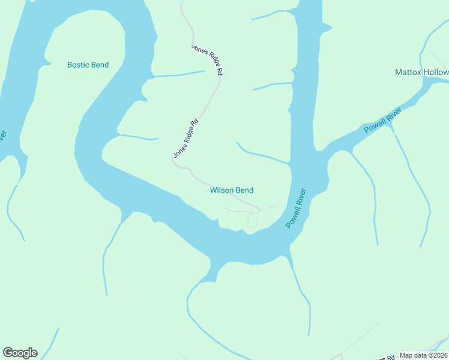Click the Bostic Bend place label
click(88, 65)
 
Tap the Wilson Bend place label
click(232, 190)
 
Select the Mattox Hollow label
click(421, 72)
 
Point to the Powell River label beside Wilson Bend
click(296, 208)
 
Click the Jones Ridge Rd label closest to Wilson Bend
click(185, 139)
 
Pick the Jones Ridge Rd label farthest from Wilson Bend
click(208, 59)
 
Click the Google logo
click(20, 353)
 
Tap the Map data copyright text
click(424, 355)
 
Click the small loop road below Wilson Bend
click(252, 220)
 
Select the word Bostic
click(78, 65)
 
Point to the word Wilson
click(221, 190)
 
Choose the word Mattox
click(408, 72)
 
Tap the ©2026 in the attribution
click(436, 355)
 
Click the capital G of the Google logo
click(8, 353)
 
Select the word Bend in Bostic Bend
click(99, 65)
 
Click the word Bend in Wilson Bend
click(244, 190)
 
